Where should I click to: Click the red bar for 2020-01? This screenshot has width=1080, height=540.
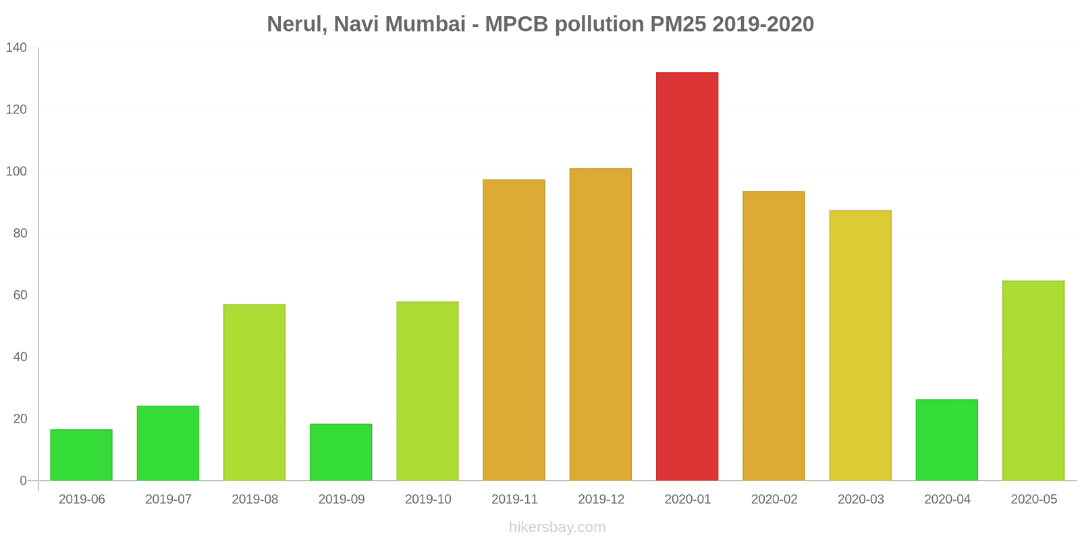click(687, 277)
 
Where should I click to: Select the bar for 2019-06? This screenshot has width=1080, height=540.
click(81, 455)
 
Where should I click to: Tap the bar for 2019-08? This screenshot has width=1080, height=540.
click(254, 392)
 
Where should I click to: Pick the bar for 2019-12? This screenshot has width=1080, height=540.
click(601, 325)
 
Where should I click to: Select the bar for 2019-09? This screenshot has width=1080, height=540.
click(341, 452)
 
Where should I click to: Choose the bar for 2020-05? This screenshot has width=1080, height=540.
click(1033, 381)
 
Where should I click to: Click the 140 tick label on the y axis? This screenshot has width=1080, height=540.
click(16, 48)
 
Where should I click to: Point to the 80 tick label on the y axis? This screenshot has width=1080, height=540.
click(20, 234)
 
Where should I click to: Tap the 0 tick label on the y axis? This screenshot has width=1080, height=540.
click(24, 481)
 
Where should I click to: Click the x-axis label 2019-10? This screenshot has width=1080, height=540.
click(428, 500)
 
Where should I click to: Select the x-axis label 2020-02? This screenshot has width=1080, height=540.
click(774, 500)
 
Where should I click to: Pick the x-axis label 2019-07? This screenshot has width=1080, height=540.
click(168, 500)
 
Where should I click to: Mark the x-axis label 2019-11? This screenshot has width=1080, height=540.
click(514, 500)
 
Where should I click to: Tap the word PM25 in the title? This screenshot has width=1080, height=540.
click(678, 24)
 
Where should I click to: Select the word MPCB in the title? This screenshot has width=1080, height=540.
click(516, 24)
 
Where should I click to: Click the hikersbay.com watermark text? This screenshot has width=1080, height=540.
click(558, 527)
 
